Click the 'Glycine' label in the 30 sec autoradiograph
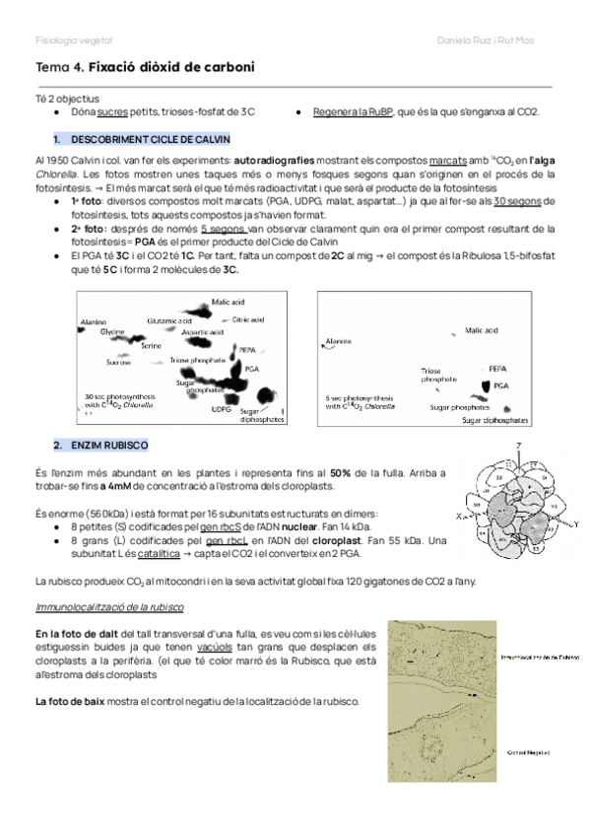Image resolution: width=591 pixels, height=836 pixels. click(x=112, y=332)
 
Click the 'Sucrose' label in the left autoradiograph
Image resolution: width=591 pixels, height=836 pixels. click(x=92, y=363)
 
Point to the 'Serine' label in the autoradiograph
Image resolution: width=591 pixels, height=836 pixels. click(x=151, y=347)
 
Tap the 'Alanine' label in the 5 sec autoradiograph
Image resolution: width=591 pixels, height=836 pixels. click(x=339, y=340)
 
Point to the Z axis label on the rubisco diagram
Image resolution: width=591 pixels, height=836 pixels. click(x=517, y=448)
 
